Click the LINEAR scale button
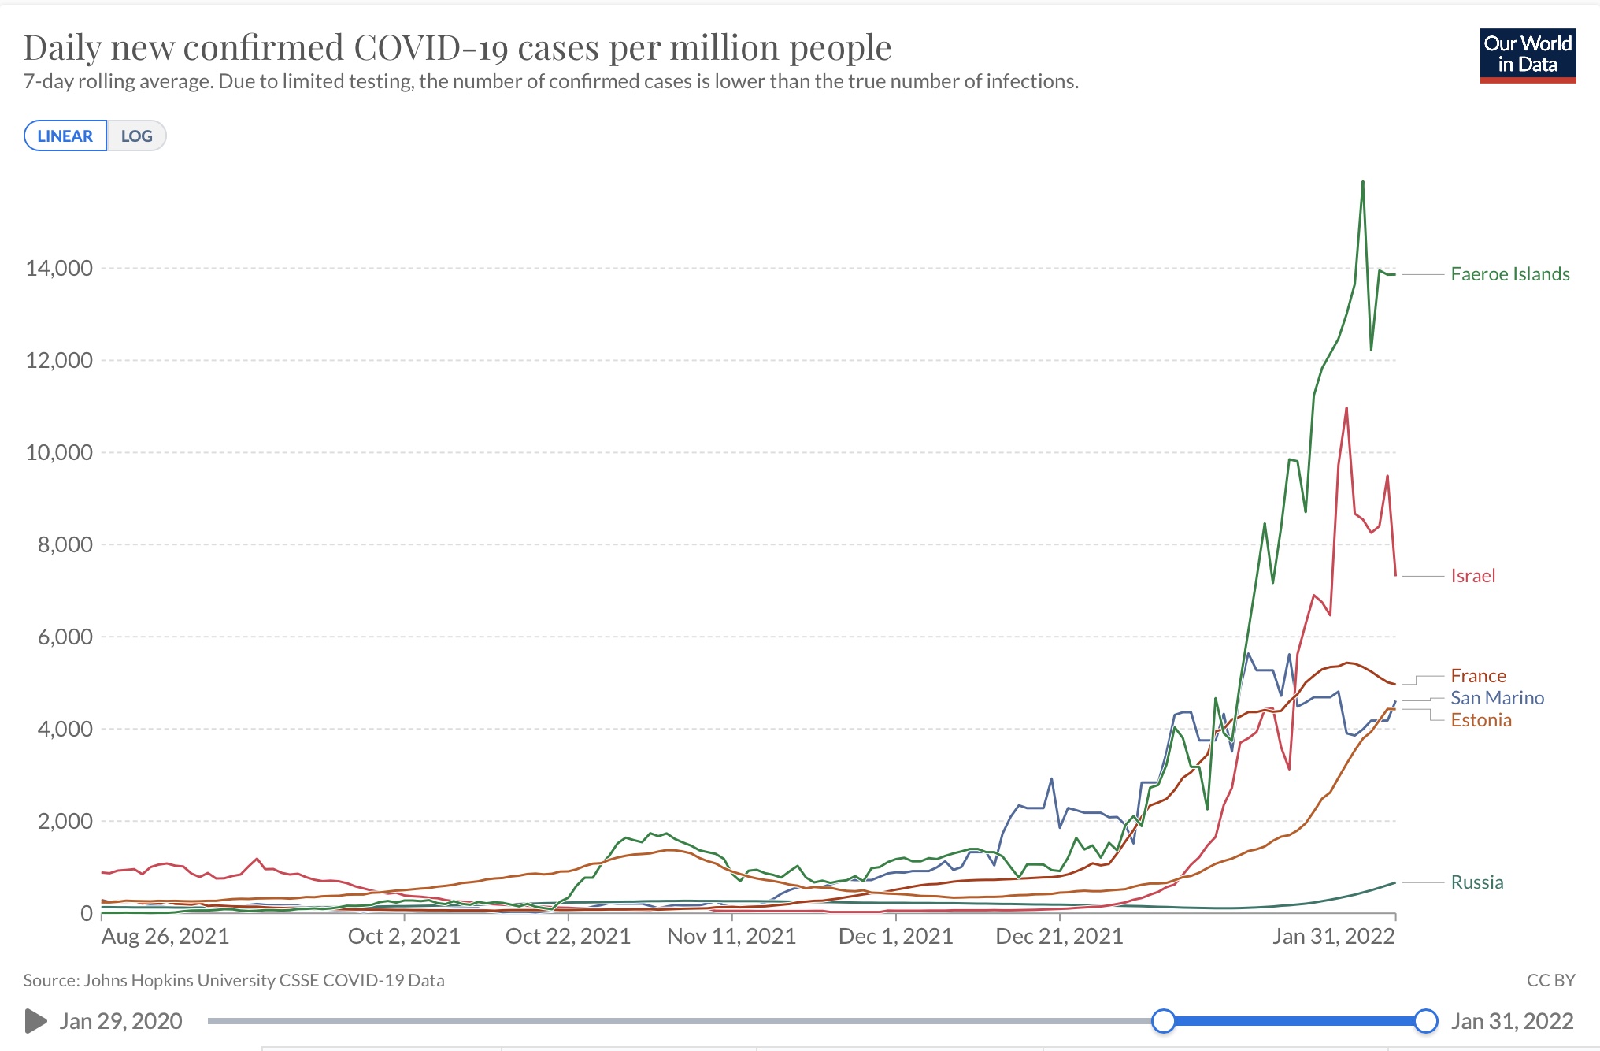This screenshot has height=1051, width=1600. [x=65, y=136]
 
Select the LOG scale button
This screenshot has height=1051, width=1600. [x=136, y=136]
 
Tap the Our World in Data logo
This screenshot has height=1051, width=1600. [x=1528, y=55]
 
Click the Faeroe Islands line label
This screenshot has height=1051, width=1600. [x=1509, y=274]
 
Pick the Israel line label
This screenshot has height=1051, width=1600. [x=1472, y=576]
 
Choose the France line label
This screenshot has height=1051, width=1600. [x=1478, y=676]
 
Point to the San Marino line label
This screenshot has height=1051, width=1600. [x=1497, y=698]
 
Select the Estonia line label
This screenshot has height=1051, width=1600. [x=1481, y=720]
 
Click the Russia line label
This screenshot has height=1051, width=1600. [x=1476, y=882]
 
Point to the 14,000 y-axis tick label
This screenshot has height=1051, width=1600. [x=59, y=269]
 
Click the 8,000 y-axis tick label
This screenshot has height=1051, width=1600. [x=65, y=545]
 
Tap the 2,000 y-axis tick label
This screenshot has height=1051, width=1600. [x=65, y=822]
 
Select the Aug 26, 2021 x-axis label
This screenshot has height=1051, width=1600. [x=165, y=936]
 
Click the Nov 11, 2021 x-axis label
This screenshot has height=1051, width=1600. [x=731, y=936]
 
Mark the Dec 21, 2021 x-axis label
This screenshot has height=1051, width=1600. [x=1059, y=936]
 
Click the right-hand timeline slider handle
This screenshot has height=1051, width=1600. [x=1426, y=1021]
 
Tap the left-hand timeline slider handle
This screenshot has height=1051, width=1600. [x=1163, y=1021]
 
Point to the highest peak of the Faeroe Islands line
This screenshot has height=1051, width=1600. [x=1363, y=182]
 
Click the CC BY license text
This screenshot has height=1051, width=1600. [x=1550, y=980]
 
